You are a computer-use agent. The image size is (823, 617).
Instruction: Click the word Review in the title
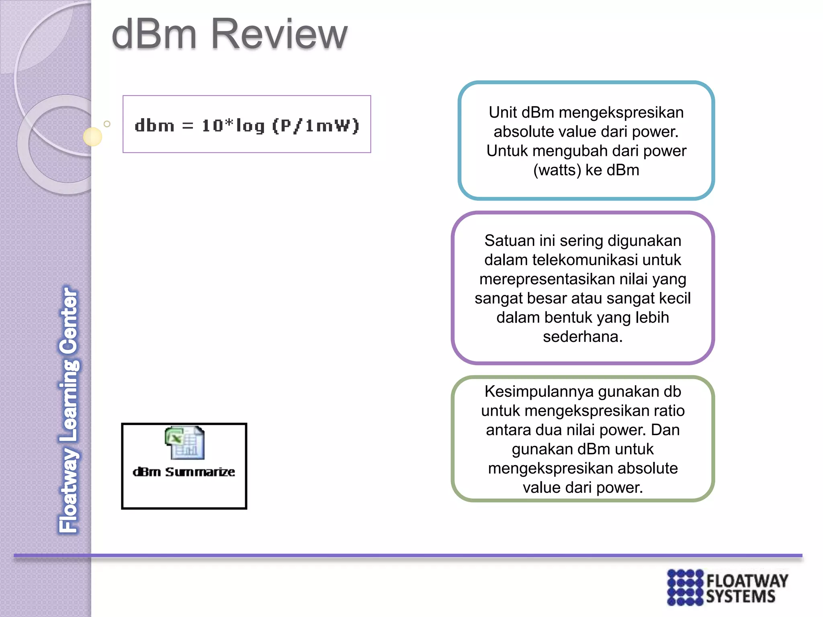pyautogui.click(x=279, y=35)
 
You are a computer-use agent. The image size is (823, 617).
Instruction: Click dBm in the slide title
pyautogui.click(x=154, y=35)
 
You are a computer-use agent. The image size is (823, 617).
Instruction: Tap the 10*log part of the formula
pyautogui.click(x=233, y=126)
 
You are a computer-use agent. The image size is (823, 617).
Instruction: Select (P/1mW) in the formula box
pyautogui.click(x=315, y=126)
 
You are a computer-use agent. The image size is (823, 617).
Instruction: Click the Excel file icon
pyautogui.click(x=185, y=443)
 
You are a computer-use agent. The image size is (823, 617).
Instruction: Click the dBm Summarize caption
pyautogui.click(x=184, y=472)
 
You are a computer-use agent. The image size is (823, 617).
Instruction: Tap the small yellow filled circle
pyautogui.click(x=92, y=137)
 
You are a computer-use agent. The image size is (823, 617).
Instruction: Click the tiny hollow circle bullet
pyautogui.click(x=107, y=124)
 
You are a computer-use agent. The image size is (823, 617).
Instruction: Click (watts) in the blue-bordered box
pyautogui.click(x=557, y=170)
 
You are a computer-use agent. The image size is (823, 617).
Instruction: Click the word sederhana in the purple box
pyautogui.click(x=582, y=337)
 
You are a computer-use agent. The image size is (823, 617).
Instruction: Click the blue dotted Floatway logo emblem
pyautogui.click(x=685, y=587)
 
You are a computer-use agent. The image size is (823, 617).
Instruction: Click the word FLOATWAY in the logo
pyautogui.click(x=747, y=581)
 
